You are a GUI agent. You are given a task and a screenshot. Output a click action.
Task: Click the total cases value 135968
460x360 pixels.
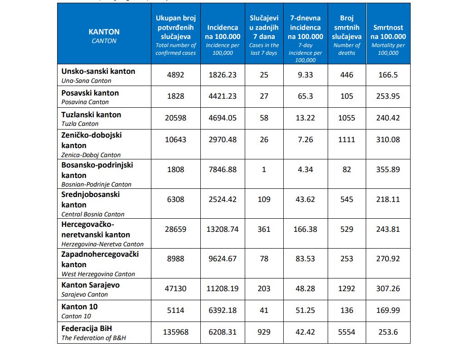coord(175,332)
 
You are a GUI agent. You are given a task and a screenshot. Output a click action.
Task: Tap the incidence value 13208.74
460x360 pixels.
coord(223,229)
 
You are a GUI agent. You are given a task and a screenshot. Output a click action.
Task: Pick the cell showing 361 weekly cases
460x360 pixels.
coord(264,229)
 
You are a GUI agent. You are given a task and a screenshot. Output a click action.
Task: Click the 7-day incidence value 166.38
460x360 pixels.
coord(305,229)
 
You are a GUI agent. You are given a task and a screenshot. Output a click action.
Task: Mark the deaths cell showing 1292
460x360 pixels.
coord(347,288)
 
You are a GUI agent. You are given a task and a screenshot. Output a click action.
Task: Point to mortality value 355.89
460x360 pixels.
coord(388,169)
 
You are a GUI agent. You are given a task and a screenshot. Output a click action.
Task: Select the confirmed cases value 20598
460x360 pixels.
coord(175,118)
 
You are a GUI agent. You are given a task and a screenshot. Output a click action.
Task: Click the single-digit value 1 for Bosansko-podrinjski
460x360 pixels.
coord(264,169)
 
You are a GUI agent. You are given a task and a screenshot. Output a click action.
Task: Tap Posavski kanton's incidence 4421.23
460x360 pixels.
coord(223,96)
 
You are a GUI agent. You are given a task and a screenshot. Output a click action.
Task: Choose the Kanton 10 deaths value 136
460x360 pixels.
coord(347,310)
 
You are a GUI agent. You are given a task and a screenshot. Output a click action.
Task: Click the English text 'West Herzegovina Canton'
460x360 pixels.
coord(98,274)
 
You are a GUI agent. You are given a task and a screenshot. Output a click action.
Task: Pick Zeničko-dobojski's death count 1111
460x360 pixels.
coord(347,139)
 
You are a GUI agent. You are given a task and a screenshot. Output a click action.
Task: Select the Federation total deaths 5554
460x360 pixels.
coord(347,332)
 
